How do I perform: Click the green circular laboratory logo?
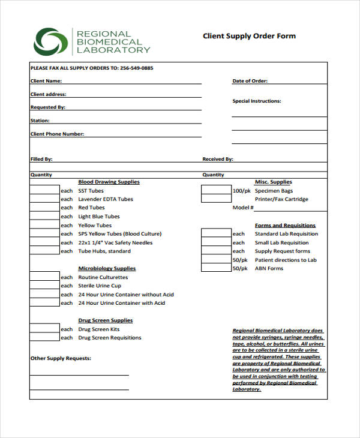click(x=51, y=41)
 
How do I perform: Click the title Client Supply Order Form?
click(x=249, y=36)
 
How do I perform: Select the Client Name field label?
click(x=46, y=81)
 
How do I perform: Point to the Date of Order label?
click(x=250, y=81)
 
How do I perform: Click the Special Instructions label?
click(x=256, y=101)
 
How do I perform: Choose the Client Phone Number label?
click(x=57, y=134)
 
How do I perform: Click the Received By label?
click(x=218, y=159)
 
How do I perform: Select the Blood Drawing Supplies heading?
click(x=109, y=182)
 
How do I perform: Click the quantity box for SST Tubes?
click(x=44, y=190)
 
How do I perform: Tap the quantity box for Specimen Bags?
click(x=215, y=190)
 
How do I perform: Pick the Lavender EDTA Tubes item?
click(x=106, y=199)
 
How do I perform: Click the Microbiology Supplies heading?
click(x=107, y=268)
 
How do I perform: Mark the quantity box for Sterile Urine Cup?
click(x=44, y=286)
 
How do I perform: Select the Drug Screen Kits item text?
click(x=98, y=329)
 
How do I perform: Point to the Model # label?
click(x=243, y=208)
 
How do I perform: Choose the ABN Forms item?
click(x=269, y=269)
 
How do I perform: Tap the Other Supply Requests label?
click(x=61, y=358)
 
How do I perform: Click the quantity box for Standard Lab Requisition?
click(x=215, y=233)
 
